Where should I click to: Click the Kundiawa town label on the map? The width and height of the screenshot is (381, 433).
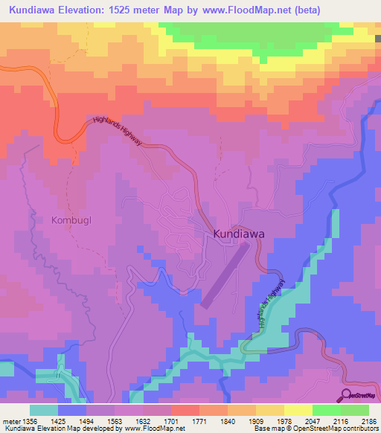(239, 234)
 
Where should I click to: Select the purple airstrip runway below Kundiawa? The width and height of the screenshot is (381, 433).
(222, 276)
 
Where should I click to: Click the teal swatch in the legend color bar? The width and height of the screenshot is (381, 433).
(43, 410)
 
